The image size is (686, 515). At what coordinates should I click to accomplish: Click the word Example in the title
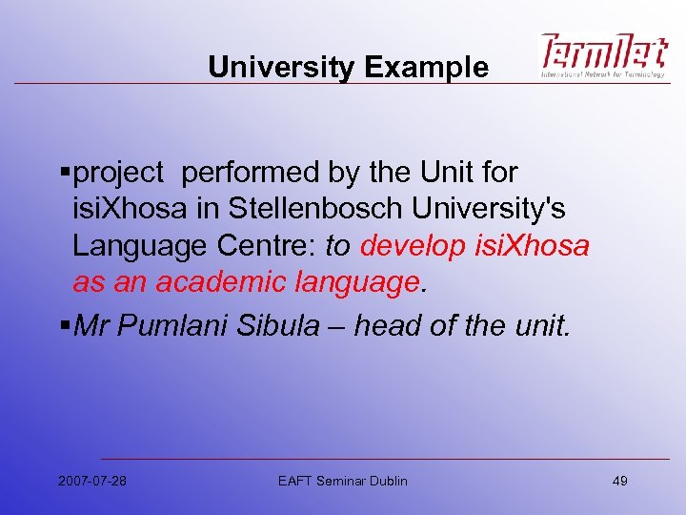(x=427, y=68)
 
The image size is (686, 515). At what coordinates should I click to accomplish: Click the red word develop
(x=415, y=246)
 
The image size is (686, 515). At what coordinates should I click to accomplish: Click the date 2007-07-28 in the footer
(x=92, y=481)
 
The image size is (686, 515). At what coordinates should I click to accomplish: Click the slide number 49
(x=619, y=481)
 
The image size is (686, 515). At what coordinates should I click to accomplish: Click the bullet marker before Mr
(x=65, y=327)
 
